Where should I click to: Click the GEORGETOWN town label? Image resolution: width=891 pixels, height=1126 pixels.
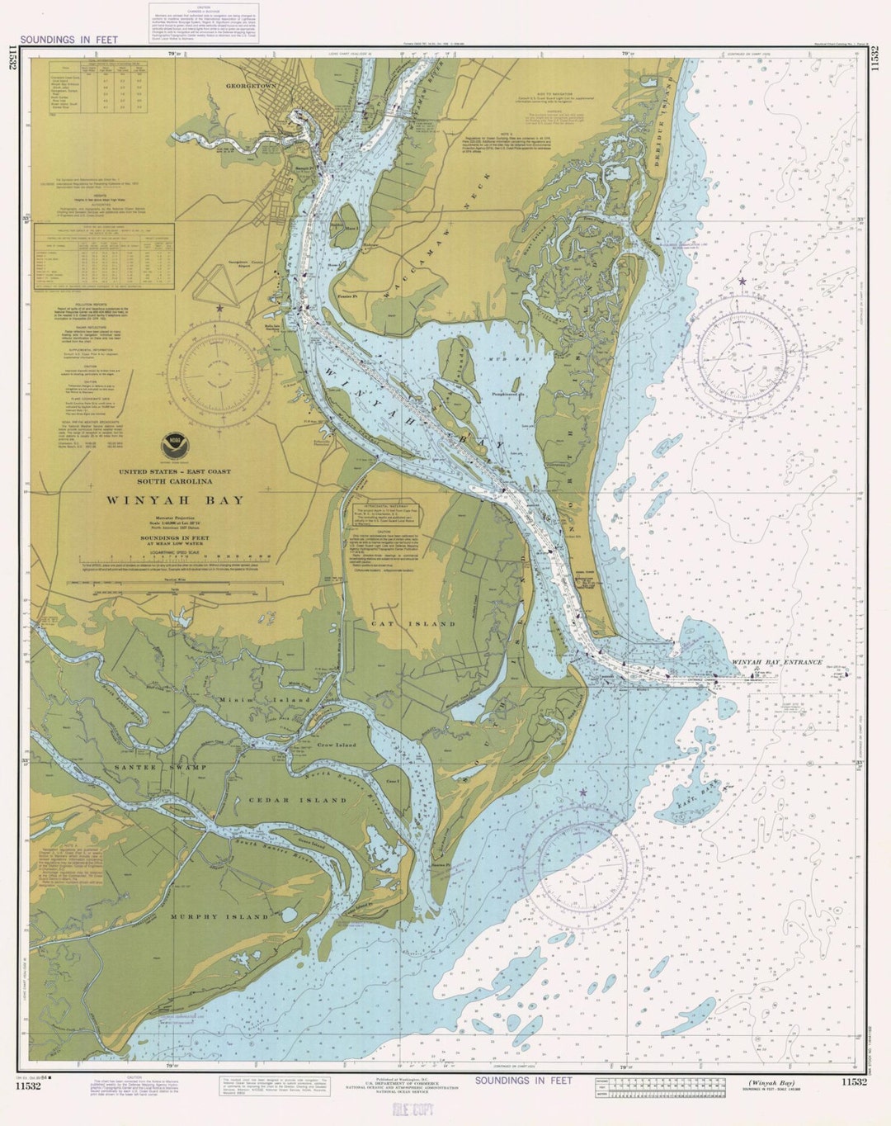point(250,85)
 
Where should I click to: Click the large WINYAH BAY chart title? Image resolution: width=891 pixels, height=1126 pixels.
point(174,500)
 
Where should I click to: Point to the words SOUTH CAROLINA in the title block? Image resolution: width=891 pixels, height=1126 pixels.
point(174,481)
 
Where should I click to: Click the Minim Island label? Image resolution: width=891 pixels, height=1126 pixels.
point(264,700)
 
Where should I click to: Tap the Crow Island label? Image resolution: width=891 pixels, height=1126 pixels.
point(337,745)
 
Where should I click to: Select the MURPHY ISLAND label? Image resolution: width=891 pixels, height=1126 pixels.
point(219,917)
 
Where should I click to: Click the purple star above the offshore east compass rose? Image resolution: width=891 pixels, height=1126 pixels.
point(742,282)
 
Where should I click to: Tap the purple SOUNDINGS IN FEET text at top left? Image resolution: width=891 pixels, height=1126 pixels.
point(69,40)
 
